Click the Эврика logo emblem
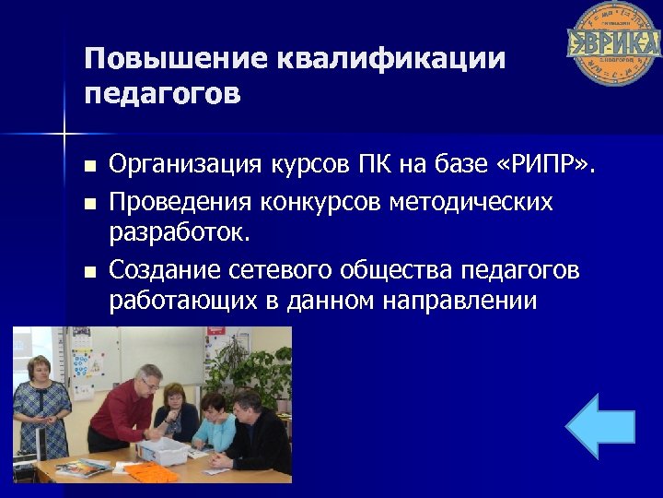[x=613, y=43]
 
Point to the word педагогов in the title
[x=162, y=94]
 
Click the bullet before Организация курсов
[x=89, y=167]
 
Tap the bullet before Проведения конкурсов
[x=89, y=202]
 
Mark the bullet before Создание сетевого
[x=89, y=271]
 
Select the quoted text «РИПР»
[x=547, y=166]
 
